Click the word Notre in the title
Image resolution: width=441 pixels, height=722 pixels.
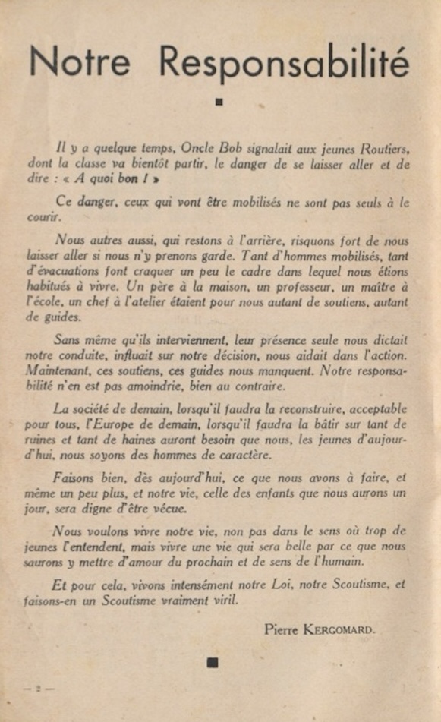79,62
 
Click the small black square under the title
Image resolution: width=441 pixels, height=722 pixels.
219,101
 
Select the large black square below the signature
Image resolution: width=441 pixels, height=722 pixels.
213,662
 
